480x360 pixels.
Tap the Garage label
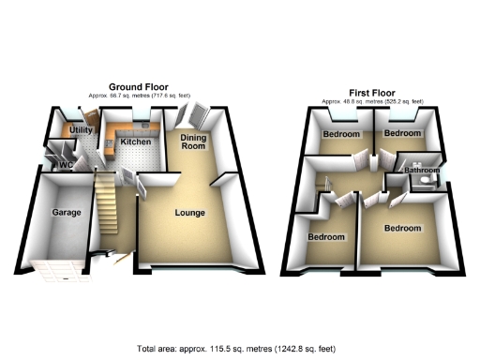pos(66,213)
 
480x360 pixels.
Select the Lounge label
pos(189,213)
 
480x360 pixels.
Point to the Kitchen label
pos(135,142)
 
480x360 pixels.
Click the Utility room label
pos(80,130)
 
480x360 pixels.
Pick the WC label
pos(65,165)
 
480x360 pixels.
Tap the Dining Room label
pos(192,142)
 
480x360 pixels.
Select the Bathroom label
pos(422,171)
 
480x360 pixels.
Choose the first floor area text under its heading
pos(372,101)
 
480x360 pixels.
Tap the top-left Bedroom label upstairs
pos(341,134)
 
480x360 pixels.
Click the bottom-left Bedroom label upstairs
pos(326,236)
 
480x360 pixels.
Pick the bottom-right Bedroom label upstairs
pos(401,228)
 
